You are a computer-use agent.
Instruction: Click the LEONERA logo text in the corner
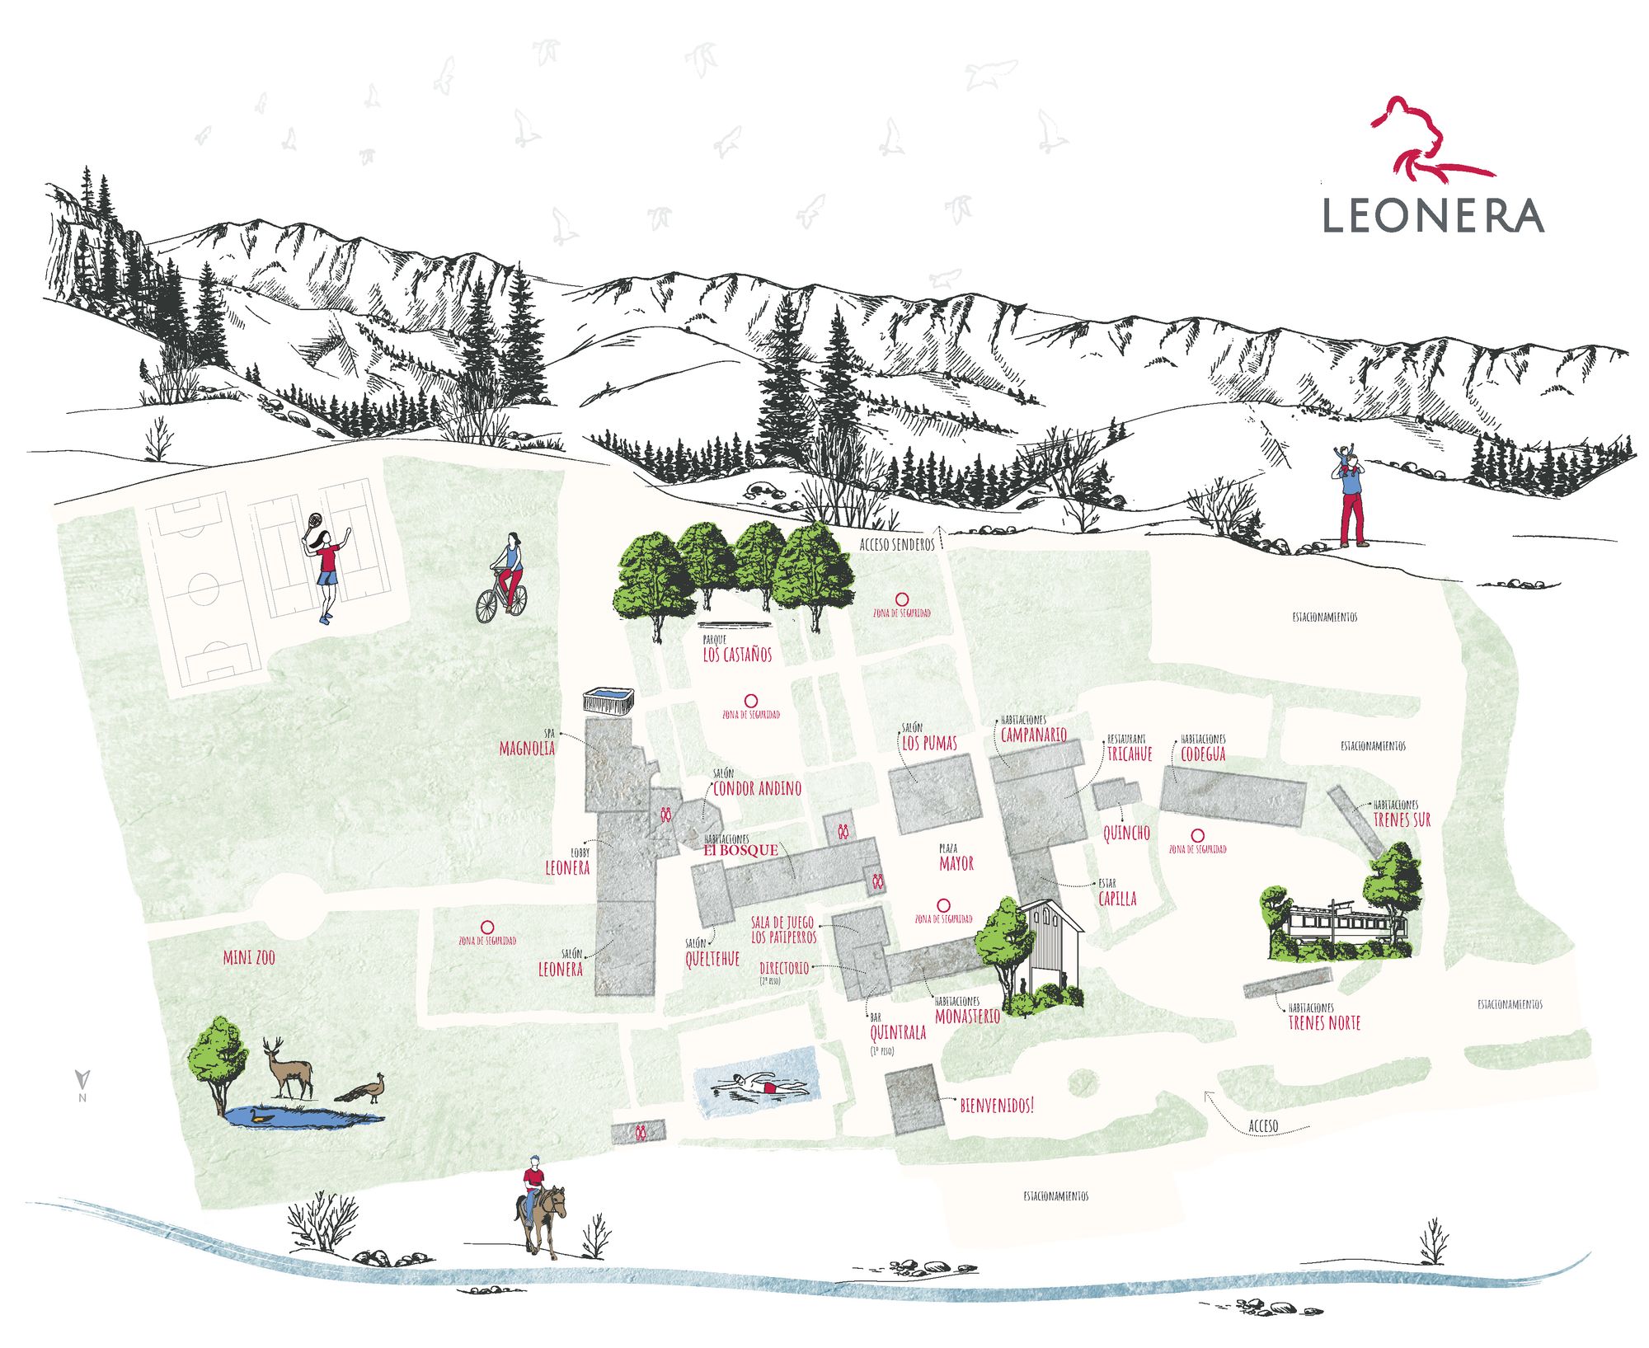pos(1433,215)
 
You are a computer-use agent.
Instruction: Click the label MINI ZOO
pos(249,957)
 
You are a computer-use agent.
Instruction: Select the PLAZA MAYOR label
pos(956,862)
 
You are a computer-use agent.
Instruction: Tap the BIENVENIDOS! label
pos(996,1106)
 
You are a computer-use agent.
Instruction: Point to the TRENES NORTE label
pos(1324,1023)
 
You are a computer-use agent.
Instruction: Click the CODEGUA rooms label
pos(1203,753)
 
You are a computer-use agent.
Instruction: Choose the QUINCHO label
pos(1126,833)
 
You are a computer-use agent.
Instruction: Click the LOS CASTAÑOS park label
pos(737,655)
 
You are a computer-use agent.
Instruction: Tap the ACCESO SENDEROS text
pos(897,544)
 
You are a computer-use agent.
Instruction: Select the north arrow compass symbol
pos(82,1082)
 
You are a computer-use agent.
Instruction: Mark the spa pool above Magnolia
pos(608,700)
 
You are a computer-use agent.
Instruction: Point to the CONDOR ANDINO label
pos(757,788)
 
